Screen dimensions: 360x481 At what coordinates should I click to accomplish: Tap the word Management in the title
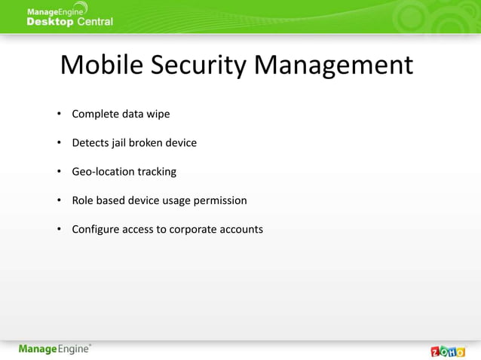tap(334, 66)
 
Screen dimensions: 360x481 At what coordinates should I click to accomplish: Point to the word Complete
tap(96, 114)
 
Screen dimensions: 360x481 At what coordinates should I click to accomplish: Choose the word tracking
tap(157, 172)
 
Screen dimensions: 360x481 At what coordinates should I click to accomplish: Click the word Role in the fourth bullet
tap(84, 200)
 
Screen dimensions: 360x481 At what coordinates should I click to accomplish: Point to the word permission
tap(219, 200)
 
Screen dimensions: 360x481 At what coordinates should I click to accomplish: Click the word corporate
tap(194, 229)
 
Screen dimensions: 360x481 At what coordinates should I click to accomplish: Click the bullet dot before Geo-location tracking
tap(58, 172)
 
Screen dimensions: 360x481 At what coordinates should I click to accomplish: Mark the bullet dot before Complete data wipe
tap(58, 114)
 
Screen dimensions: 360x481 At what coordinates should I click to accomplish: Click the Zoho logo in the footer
tap(447, 351)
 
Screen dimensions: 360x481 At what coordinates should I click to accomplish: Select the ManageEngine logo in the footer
tap(55, 349)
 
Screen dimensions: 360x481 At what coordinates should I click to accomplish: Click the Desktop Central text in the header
tap(69, 22)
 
